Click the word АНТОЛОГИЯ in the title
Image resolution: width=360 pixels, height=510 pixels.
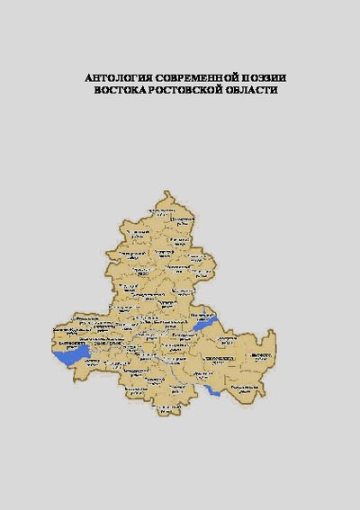pos(113,78)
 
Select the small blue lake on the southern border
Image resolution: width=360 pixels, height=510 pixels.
pos(212,391)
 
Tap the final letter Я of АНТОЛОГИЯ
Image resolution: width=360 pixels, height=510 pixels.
pos(142,78)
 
